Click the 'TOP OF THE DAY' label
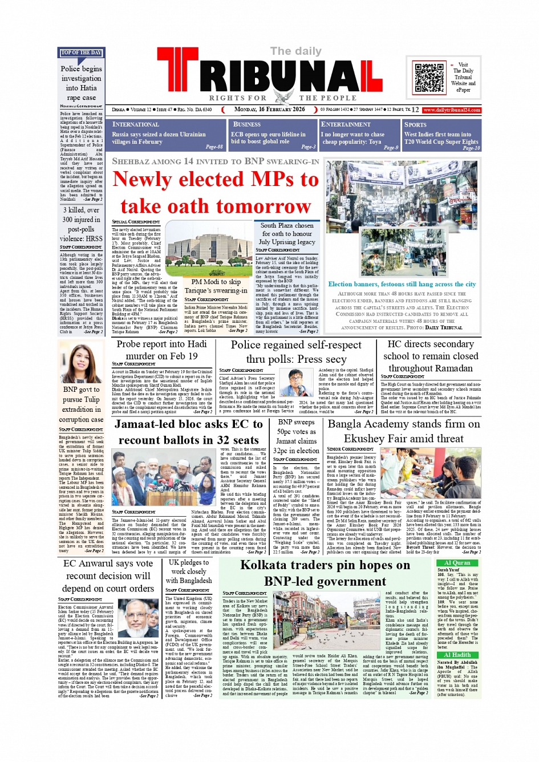click(81, 53)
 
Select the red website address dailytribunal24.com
click(451, 110)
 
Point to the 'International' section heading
click(136, 124)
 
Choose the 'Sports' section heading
click(415, 124)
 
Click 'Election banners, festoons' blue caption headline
click(402, 284)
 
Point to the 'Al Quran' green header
click(457, 563)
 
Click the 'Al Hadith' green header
click(457, 655)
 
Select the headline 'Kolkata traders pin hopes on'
click(325, 565)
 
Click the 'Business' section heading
click(247, 124)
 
